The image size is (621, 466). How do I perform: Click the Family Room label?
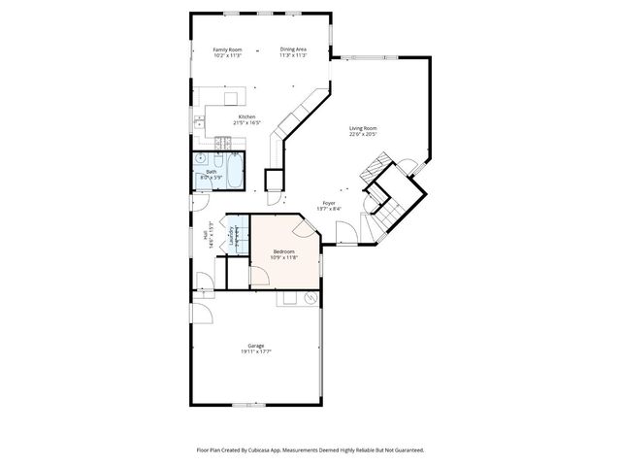point(227,50)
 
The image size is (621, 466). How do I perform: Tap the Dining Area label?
point(293,50)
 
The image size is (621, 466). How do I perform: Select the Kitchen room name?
point(247,116)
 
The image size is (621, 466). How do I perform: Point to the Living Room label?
point(363,128)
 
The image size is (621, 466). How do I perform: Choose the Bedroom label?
point(283,251)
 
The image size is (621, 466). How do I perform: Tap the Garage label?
point(256,345)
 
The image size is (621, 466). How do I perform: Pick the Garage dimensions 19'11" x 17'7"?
point(256,351)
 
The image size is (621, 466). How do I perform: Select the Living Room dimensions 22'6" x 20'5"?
point(363,135)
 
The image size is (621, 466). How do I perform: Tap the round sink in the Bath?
point(201,156)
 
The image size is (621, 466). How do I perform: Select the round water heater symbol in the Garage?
point(310,299)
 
